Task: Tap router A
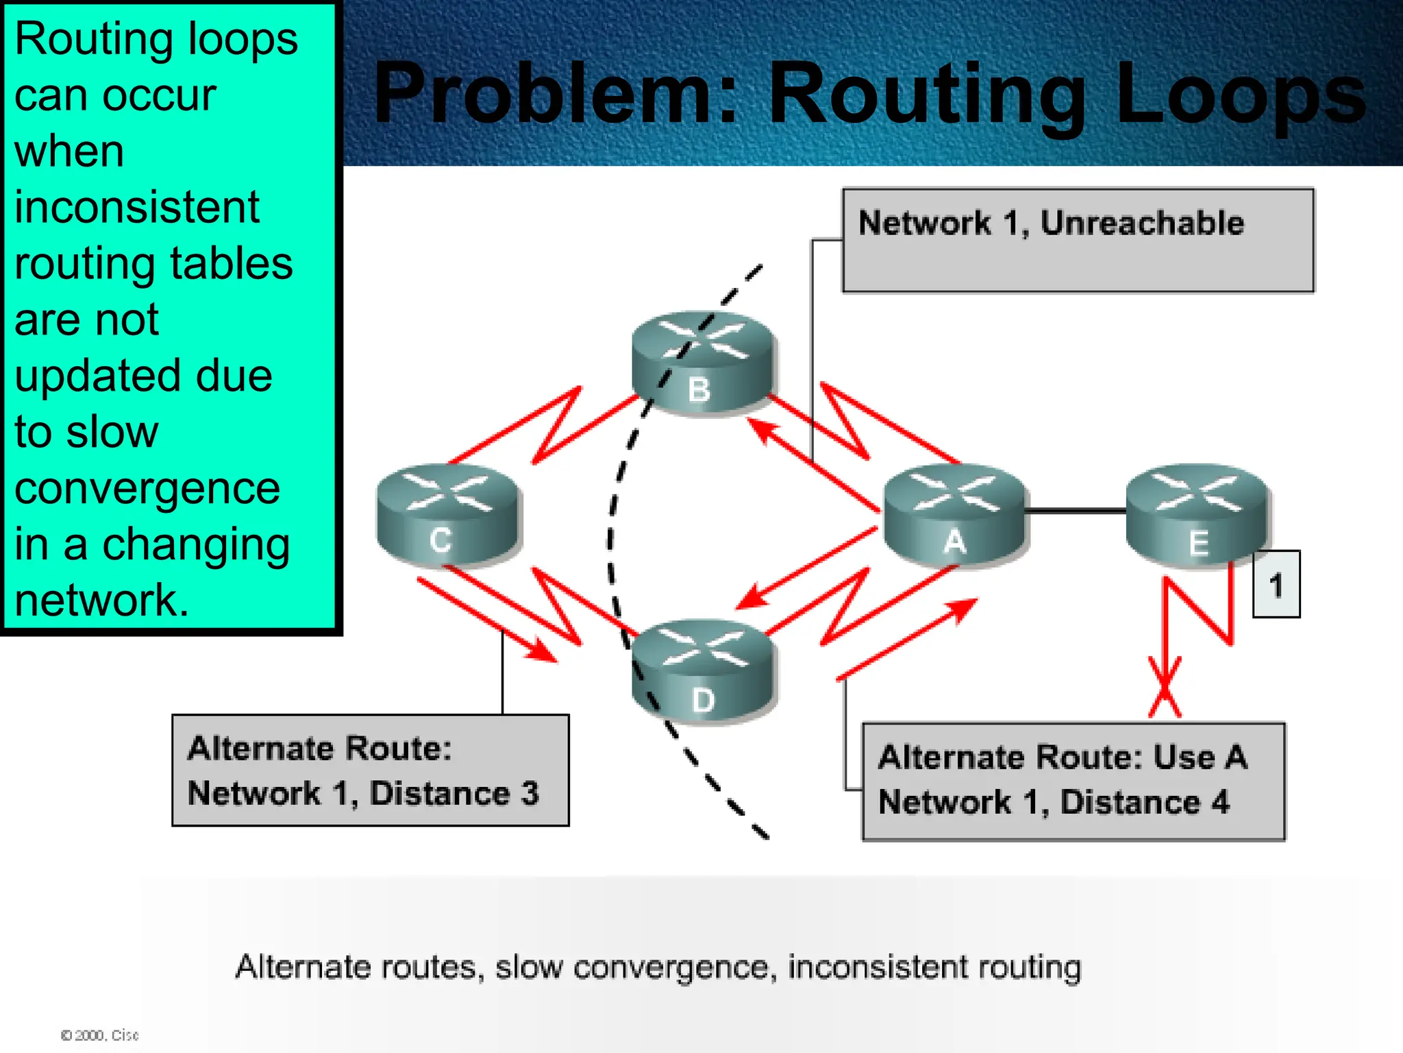pos(955,516)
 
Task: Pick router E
pos(1197,516)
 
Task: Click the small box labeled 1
pos(1276,585)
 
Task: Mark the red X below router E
pos(1165,688)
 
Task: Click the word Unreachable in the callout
pos(1142,223)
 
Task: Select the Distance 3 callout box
pos(370,771)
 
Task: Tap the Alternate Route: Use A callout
pos(1073,781)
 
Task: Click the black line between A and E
pos(1076,511)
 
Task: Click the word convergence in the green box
pos(147,489)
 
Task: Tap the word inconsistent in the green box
pos(137,207)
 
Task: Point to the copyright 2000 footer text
pos(100,1035)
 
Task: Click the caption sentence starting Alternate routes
pos(658,967)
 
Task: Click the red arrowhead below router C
pos(543,651)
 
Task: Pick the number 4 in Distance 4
pos(1220,802)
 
